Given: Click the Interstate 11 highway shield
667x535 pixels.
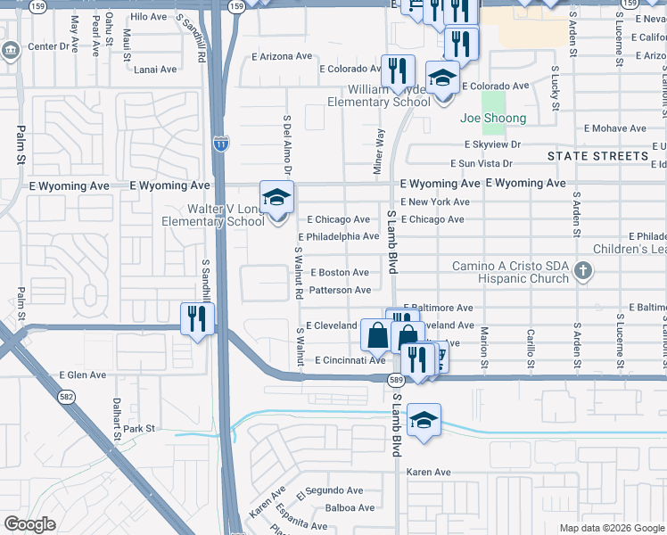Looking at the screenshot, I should coord(221,142).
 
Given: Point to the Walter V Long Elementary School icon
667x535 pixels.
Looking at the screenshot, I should coord(276,197).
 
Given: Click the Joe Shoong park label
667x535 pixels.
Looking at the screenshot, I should coord(493,118).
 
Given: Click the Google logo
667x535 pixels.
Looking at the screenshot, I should coord(29,524).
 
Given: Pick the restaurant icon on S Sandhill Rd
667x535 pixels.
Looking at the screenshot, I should coord(196,318).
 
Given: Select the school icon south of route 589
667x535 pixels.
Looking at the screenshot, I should coord(424,419).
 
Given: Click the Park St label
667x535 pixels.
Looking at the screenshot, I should coord(139,429).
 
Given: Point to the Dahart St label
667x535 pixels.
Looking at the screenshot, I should coord(116,419).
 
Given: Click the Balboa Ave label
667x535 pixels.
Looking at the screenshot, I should coord(350,508).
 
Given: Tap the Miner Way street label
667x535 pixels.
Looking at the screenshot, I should coord(379,148).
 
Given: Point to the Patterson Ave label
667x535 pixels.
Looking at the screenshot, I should coord(339,290).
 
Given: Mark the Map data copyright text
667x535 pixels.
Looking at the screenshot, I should coord(611,528).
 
